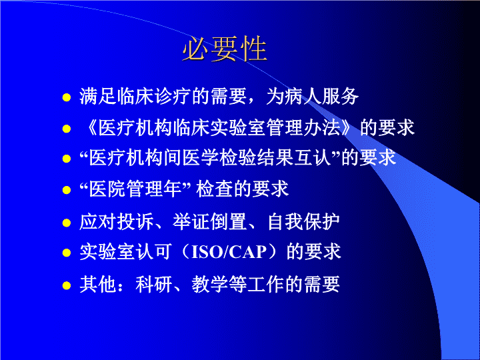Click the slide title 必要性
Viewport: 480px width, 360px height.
pos(225,49)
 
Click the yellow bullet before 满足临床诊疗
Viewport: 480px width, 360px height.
pos(67,97)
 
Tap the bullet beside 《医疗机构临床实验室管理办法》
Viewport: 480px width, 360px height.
pos(67,129)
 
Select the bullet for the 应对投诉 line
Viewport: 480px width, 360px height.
pos(67,223)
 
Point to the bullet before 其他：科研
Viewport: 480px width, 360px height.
pos(67,285)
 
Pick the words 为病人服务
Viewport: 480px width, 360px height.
pos(312,97)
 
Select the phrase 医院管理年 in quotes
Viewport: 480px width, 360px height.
pos(135,189)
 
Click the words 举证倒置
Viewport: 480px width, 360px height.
pos(210,221)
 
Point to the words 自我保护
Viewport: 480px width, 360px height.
pos(303,221)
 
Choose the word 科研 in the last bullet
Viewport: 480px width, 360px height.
pos(154,285)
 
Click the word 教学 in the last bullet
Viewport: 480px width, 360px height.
pos(210,285)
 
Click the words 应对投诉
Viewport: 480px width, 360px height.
pos(117,221)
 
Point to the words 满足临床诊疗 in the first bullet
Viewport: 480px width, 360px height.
pos(135,97)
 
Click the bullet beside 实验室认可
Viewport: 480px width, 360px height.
pos(67,253)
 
